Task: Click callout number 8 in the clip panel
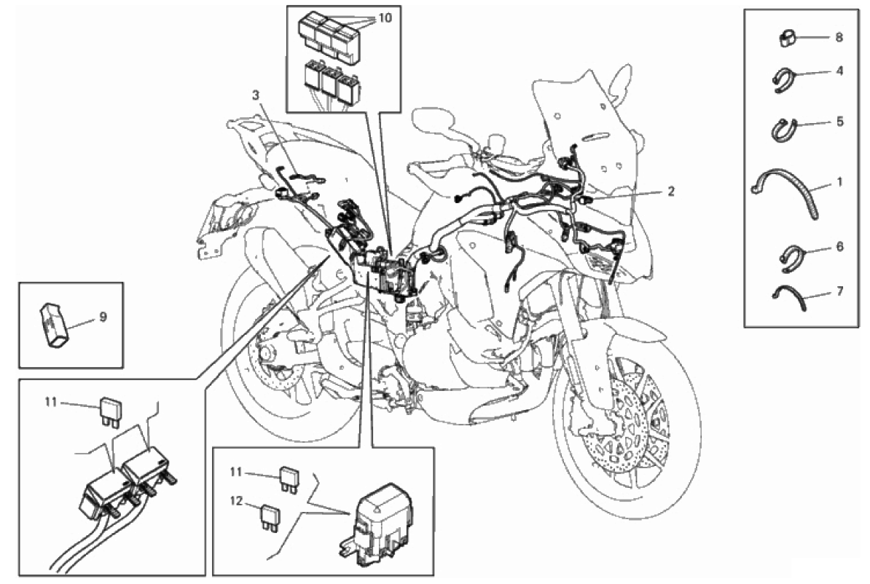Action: coord(839,37)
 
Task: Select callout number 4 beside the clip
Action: coord(839,71)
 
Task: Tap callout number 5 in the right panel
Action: coord(839,121)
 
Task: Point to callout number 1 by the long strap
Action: coord(839,181)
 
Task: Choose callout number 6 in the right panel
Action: coord(839,245)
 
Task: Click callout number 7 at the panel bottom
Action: coord(839,290)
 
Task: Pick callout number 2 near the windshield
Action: coord(671,192)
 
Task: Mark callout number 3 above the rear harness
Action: coord(255,95)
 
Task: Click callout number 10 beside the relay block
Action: coord(385,17)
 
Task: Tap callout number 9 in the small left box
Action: coord(103,317)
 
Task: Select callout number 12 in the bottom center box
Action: coord(237,501)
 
